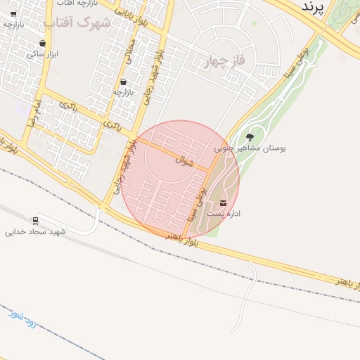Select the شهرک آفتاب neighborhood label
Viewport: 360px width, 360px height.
77,22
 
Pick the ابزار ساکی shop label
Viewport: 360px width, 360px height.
41,53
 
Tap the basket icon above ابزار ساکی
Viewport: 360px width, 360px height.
42,43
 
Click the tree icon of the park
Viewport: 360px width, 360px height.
250,137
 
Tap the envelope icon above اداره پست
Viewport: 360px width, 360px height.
224,203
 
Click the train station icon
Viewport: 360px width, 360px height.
35,220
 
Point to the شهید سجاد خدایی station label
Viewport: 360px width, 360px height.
35,231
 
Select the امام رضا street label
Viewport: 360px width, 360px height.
35,112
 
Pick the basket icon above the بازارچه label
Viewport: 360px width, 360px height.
123,82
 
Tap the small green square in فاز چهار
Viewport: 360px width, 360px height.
254,25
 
